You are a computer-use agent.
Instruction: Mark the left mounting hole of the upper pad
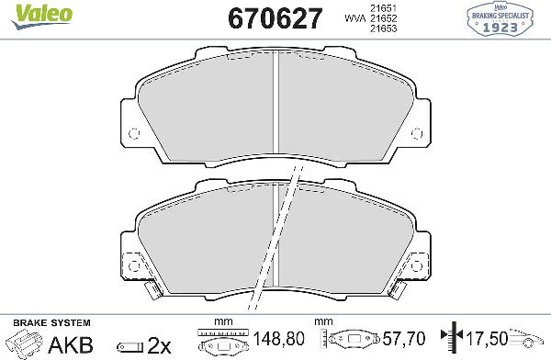[133, 132]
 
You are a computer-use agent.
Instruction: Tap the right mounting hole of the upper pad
[419, 132]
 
